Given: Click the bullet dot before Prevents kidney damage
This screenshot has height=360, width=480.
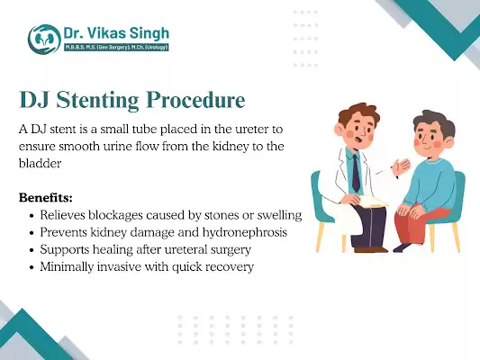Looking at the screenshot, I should (33, 233).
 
